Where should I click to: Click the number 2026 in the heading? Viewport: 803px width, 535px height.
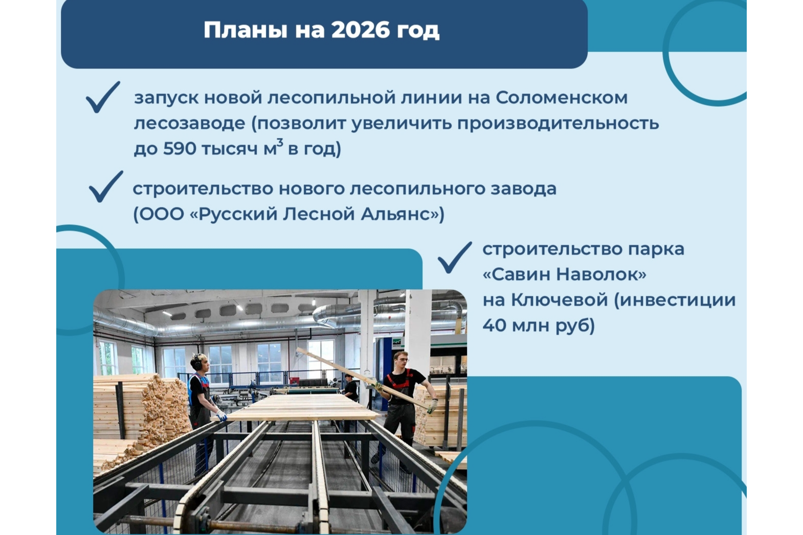(x=361, y=30)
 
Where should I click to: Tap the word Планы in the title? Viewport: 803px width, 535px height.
(x=246, y=30)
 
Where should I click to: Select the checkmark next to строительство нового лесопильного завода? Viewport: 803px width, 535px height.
(x=105, y=187)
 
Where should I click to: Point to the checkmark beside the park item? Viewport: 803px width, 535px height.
(x=454, y=257)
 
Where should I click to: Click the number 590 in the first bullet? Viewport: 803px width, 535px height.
(x=180, y=149)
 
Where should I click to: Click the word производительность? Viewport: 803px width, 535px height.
(x=557, y=123)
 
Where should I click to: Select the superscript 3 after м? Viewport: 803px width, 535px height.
(x=280, y=143)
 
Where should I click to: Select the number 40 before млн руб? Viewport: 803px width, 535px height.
(x=494, y=325)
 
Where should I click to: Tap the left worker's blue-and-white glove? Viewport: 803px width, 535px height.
(x=221, y=415)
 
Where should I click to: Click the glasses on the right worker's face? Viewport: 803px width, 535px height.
(x=402, y=360)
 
